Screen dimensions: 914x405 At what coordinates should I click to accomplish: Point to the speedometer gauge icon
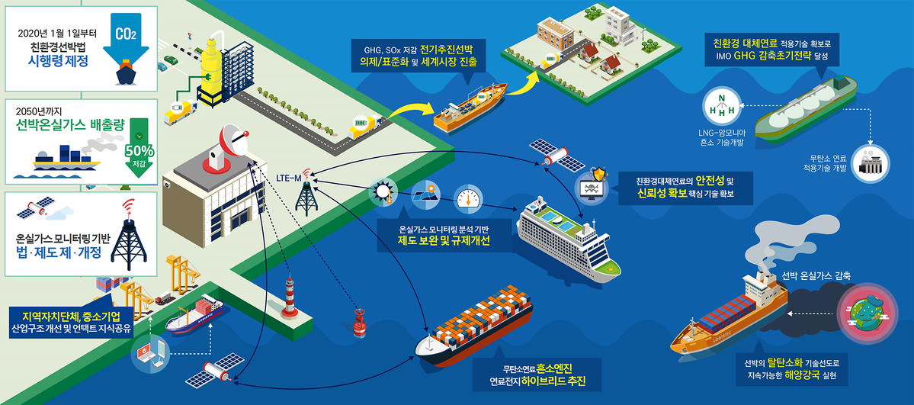coord(468,198)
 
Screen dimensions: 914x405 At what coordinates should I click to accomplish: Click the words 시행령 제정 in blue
coord(58,60)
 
